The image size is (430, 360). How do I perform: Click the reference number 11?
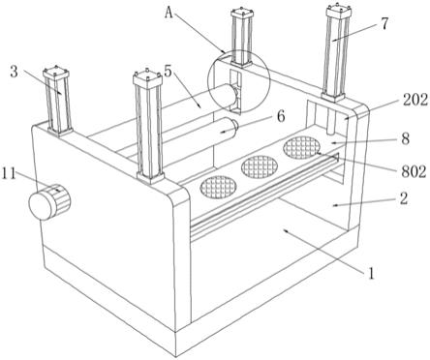9,174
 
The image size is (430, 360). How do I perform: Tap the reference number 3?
14,72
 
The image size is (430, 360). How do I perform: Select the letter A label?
169,13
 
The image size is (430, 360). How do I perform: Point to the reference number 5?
169,72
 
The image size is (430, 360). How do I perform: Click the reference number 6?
281,116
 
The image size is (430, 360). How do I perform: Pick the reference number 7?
384,23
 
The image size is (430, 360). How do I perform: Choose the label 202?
415,100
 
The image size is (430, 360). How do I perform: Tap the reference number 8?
405,138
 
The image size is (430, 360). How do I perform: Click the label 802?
414,171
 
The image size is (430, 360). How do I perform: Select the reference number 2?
404,198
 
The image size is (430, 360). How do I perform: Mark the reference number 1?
371,274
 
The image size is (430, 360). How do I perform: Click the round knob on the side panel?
49,202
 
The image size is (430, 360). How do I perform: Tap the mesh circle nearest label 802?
301,148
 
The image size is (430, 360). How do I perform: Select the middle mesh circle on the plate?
260,167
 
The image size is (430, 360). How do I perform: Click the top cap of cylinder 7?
339,12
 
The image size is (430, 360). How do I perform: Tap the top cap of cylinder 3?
56,74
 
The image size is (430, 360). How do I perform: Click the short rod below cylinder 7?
331,118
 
